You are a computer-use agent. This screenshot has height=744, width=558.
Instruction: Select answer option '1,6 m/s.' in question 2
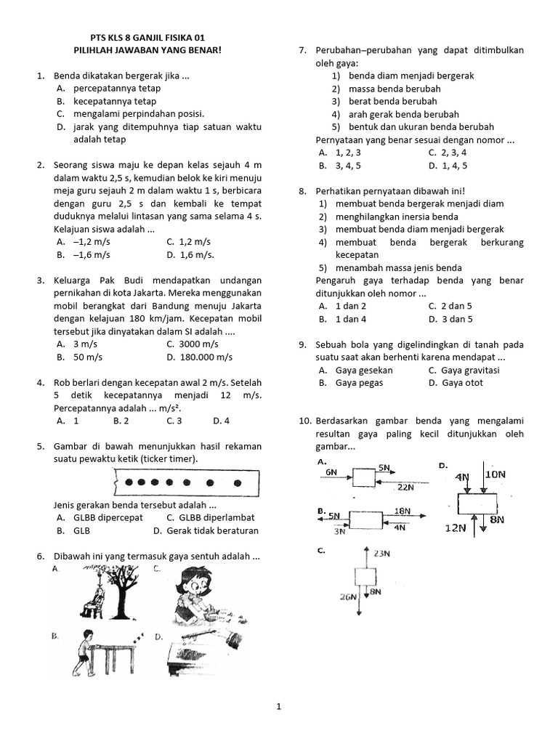[190, 255]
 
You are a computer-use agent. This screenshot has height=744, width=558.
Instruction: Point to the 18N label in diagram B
[402, 511]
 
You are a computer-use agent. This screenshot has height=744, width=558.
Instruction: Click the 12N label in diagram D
[455, 528]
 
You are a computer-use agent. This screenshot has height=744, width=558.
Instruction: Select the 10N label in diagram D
[496, 474]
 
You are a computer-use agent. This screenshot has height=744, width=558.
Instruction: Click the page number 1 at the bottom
[278, 705]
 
